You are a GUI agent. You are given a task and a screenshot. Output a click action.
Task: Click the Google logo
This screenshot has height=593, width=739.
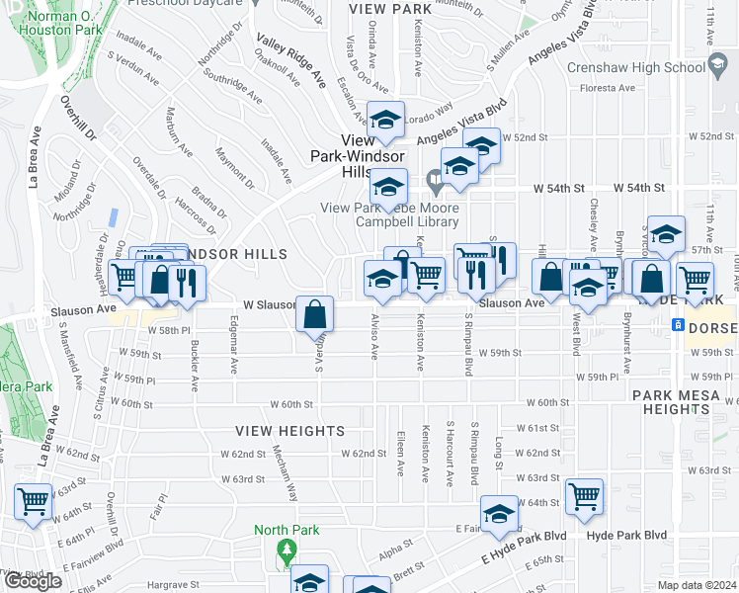(33, 581)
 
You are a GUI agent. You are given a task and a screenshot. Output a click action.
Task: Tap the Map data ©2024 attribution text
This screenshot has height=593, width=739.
(697, 585)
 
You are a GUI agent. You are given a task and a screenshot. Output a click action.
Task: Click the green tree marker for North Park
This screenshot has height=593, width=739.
(287, 551)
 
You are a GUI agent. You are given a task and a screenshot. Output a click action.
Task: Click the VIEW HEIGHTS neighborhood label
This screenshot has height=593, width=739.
(289, 431)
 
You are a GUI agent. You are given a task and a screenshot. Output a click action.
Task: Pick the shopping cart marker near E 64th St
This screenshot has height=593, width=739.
(584, 496)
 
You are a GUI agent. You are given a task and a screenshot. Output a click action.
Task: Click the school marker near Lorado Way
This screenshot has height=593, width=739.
(385, 120)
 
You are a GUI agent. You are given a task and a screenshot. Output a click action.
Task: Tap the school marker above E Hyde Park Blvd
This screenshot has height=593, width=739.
(499, 514)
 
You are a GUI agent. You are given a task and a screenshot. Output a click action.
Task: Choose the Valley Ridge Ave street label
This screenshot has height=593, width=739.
(291, 61)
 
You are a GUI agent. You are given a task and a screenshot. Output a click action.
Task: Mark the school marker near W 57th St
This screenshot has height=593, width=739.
(666, 234)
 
